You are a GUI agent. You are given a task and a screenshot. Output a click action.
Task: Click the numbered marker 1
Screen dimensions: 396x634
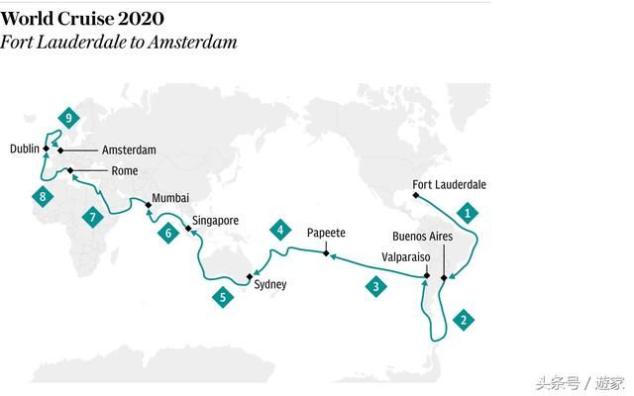[x=469, y=211]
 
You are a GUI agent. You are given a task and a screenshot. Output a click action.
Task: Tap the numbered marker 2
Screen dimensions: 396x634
[x=462, y=320]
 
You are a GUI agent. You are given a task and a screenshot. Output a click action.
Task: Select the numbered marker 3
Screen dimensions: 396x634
[x=375, y=287]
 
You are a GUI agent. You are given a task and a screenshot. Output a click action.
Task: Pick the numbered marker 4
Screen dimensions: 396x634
[x=280, y=231]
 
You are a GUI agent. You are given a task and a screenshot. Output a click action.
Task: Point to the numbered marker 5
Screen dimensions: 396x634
[x=223, y=296]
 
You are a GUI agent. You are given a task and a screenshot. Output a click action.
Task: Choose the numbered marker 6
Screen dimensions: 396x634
[x=168, y=234]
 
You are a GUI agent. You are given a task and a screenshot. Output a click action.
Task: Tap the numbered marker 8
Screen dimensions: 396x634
[x=43, y=197]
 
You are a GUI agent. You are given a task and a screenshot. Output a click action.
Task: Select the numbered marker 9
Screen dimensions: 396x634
[x=68, y=118]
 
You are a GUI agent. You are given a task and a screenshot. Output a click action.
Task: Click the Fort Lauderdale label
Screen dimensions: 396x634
[x=449, y=185]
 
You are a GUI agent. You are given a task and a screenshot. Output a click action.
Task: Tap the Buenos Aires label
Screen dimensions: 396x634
[x=423, y=237]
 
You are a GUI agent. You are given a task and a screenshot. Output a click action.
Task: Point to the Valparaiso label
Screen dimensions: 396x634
[x=405, y=256]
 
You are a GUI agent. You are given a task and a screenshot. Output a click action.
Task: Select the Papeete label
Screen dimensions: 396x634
[x=326, y=233]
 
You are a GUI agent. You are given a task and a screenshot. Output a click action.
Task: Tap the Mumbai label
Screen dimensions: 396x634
[x=169, y=198]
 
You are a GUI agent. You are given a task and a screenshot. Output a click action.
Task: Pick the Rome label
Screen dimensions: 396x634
[x=124, y=171]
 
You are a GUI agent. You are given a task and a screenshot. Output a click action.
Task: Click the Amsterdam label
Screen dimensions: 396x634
[x=130, y=150]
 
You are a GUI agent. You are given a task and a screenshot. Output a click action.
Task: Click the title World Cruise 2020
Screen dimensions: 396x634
[x=82, y=19]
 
